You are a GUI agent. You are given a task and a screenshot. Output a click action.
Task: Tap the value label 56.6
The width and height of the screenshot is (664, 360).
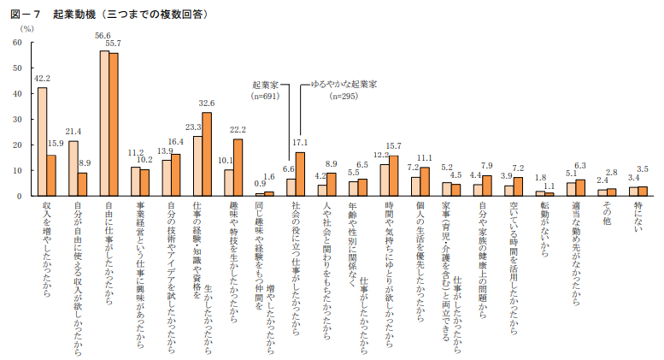[103, 35]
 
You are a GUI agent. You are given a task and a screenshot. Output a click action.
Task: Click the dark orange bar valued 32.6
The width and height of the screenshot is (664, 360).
[207, 154]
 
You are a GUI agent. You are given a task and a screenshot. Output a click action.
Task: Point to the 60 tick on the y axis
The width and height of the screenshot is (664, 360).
[17, 42]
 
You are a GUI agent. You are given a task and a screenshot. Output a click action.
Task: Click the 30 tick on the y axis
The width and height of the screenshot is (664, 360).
[17, 119]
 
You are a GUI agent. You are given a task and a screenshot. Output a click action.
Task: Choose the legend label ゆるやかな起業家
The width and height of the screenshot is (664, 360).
[344, 86]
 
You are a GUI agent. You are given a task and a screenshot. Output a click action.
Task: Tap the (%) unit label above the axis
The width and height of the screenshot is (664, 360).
[26, 29]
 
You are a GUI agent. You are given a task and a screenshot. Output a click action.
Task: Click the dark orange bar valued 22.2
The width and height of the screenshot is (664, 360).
[238, 168]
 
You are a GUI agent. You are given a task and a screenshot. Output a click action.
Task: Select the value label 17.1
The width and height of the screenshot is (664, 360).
[300, 143]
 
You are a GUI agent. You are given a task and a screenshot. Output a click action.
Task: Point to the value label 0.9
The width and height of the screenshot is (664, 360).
[259, 185]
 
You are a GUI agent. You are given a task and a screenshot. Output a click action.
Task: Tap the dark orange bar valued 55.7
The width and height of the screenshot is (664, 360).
[114, 125]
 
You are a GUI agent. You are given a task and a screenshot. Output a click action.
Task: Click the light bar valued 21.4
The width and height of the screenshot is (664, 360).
[73, 168]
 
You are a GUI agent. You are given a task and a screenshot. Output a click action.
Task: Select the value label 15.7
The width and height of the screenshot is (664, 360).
[394, 146]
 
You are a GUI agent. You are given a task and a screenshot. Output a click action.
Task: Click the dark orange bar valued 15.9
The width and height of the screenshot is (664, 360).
[51, 175]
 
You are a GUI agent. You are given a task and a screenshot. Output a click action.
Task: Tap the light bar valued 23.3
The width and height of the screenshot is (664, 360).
[197, 166]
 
